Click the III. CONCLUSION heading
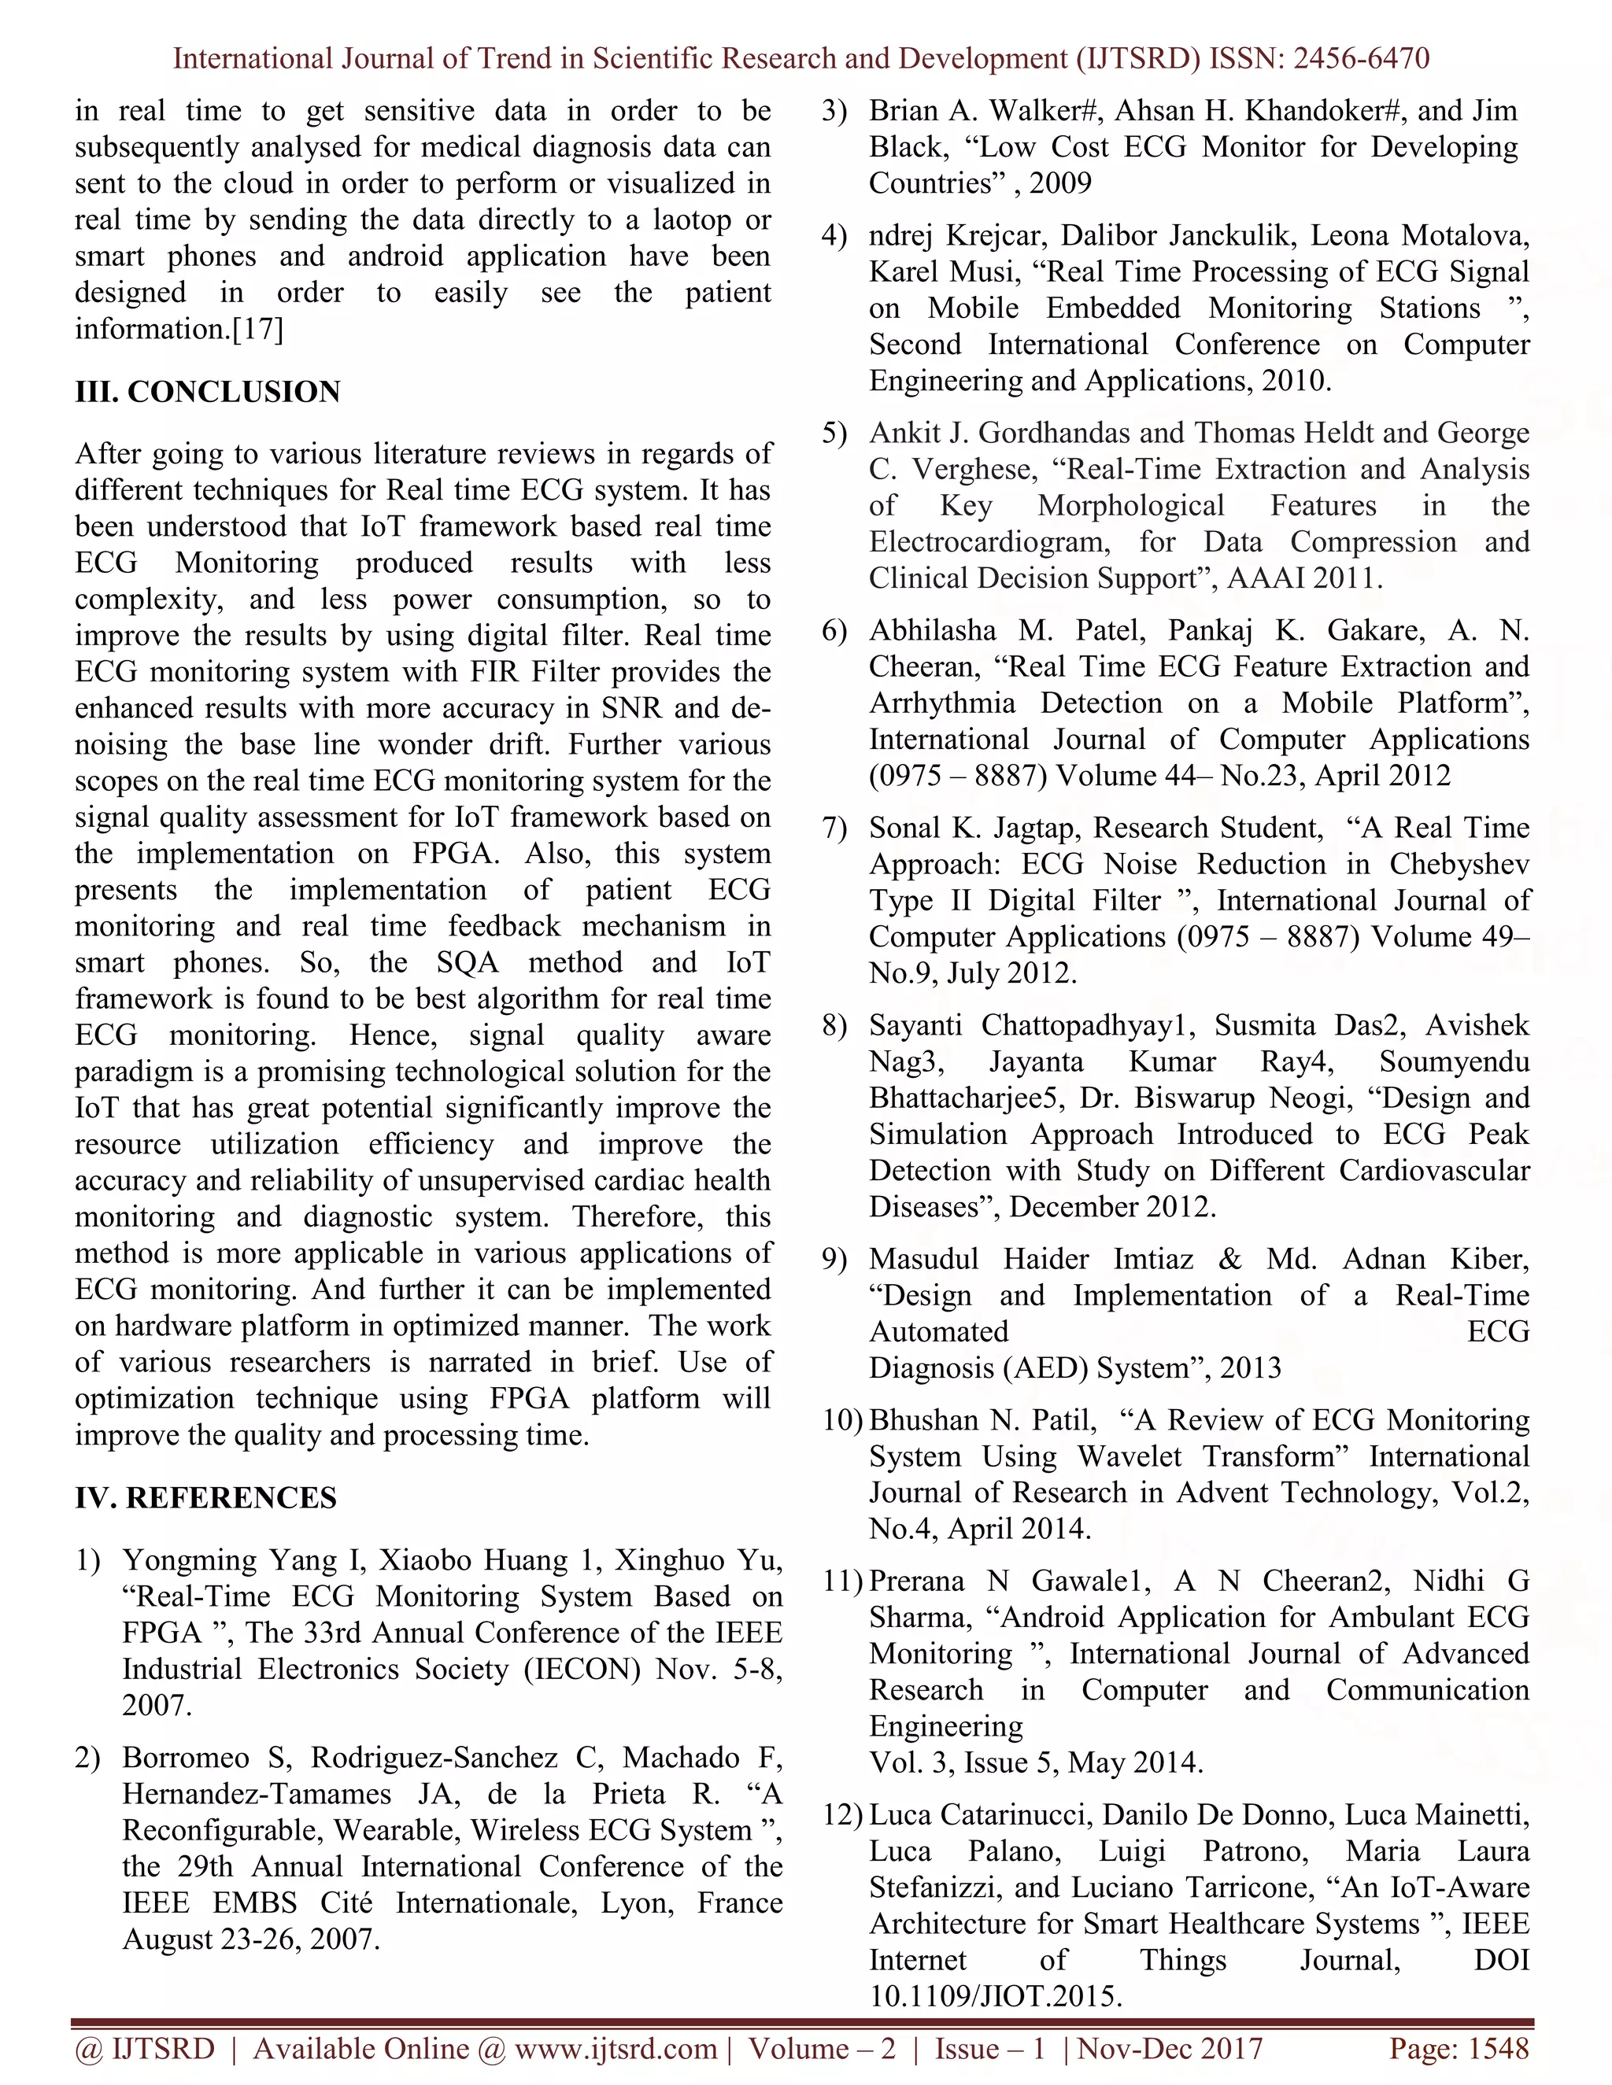coord(207,391)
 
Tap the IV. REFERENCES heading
coord(205,1497)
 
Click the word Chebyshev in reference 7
coord(1459,864)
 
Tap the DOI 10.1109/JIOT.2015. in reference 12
coord(995,1996)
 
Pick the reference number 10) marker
coord(842,1420)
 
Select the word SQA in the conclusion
coord(468,962)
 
